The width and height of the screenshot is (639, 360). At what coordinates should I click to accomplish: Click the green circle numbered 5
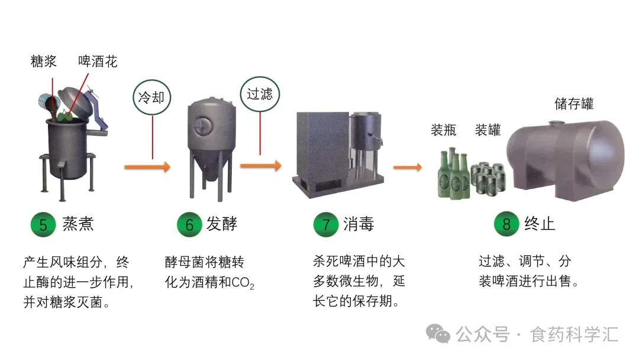43,224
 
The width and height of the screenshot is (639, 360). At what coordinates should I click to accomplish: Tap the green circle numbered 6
189,224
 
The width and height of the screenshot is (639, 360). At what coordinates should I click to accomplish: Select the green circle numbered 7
325,224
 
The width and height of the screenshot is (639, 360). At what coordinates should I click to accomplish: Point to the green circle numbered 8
506,224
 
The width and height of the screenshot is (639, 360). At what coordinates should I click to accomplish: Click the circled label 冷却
152,98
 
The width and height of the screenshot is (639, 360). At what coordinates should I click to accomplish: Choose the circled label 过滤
260,94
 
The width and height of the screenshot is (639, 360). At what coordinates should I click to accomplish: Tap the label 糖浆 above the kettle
44,61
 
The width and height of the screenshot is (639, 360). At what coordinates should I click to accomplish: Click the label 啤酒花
98,61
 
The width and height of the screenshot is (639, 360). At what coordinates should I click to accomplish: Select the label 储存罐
574,104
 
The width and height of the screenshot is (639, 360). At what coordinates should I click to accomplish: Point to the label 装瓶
443,130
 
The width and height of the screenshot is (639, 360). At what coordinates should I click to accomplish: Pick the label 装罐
488,130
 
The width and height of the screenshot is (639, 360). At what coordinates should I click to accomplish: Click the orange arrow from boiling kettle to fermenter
147,167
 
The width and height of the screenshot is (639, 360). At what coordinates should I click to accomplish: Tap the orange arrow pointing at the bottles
408,167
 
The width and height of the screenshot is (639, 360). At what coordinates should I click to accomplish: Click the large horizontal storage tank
566,159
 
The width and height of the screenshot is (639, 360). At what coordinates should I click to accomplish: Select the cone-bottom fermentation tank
211,149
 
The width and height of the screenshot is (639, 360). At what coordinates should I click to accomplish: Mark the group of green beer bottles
454,174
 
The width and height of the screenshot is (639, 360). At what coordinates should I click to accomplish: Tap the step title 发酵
222,224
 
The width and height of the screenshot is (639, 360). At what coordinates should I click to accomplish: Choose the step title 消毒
359,224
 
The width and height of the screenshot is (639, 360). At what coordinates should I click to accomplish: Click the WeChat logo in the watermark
438,334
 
